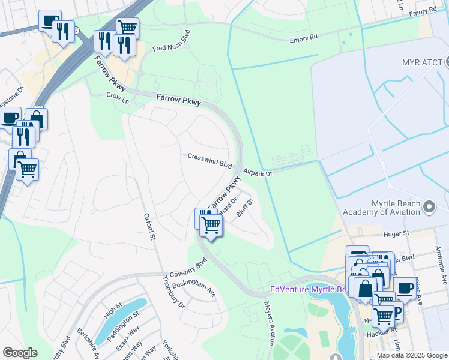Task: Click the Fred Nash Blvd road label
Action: (171, 41)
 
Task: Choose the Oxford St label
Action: (149, 227)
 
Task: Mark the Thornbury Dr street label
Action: (174, 292)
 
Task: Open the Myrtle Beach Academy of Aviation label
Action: (381, 208)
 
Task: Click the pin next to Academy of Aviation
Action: (429, 208)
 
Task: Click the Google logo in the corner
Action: (19, 353)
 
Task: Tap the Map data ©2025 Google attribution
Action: (411, 355)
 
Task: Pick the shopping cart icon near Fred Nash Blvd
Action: (127, 28)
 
